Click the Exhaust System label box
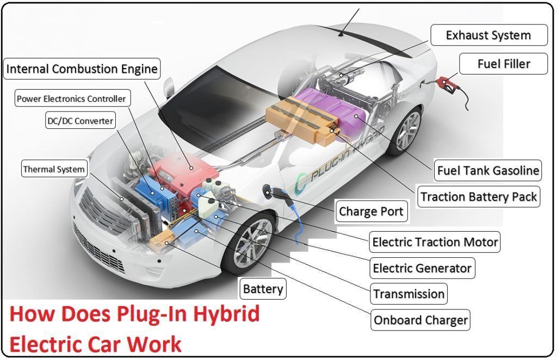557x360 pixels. pos(488,35)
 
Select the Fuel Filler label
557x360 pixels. pos(503,64)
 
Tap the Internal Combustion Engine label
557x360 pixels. pos(82,69)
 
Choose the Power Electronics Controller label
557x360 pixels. pos(71,98)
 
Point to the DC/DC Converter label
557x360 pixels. pos(79,121)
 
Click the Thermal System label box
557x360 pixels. pos(54,169)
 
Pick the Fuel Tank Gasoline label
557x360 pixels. pos(488,170)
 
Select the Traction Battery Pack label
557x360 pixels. pos(479,196)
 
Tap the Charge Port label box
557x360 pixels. pos(371,211)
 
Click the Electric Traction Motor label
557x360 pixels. pos(435,241)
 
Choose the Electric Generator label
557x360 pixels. pos(422,268)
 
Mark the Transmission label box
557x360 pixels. pos(409,294)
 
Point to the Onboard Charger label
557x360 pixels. pos(420,320)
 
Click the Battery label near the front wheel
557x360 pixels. pos(263,289)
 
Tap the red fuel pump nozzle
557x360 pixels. pos(447,83)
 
